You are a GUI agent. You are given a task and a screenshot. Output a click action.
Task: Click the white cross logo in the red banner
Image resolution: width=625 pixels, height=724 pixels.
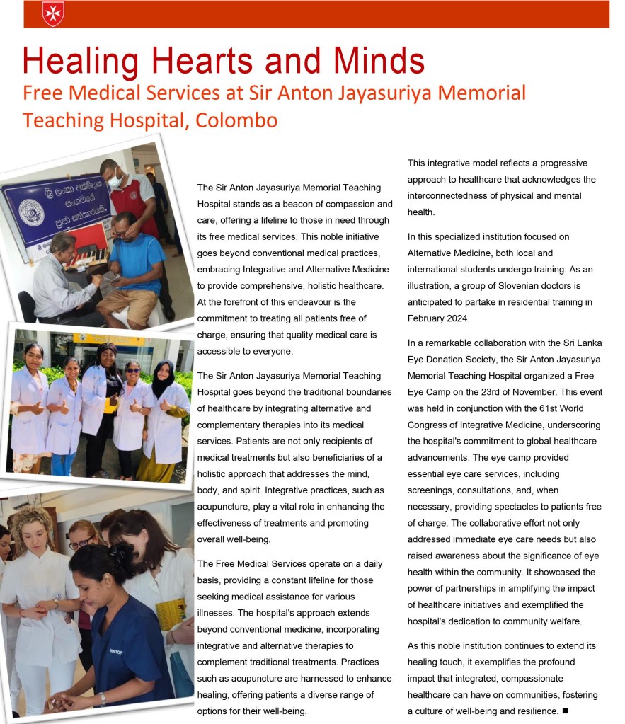pyautogui.click(x=53, y=13)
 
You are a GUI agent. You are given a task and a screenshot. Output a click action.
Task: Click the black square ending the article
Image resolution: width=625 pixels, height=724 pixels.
pyautogui.click(x=565, y=710)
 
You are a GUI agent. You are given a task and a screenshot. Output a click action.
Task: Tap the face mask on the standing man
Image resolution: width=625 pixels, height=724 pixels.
pyautogui.click(x=115, y=181)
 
